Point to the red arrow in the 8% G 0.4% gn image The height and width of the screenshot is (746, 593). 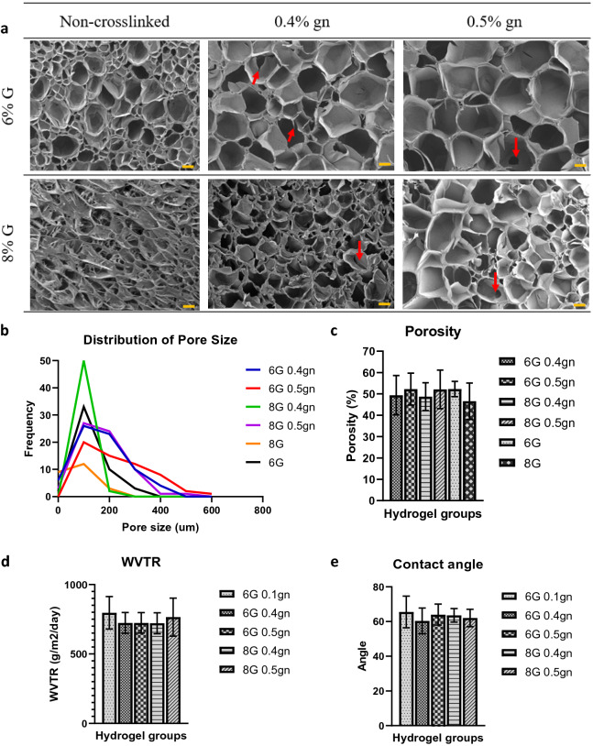(x=359, y=250)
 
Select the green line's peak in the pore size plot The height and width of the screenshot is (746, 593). (x=84, y=361)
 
